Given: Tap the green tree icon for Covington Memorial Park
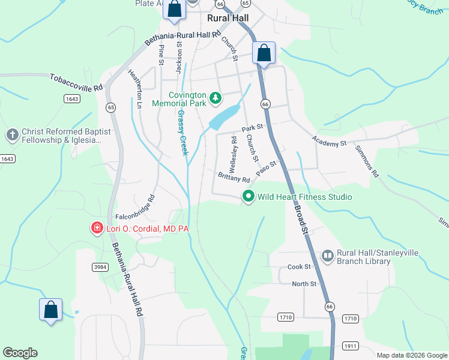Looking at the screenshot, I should [215, 97].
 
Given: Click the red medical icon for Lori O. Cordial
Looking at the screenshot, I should [95, 228].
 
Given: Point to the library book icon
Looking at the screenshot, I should [327, 256].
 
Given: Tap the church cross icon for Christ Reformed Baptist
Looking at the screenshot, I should [12, 135].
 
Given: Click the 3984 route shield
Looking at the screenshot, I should [100, 266].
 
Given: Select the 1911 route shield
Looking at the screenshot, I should [351, 346].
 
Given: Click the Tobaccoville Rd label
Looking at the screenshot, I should [76, 82].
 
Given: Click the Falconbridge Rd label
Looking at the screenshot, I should [135, 207].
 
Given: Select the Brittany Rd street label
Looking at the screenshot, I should [234, 176].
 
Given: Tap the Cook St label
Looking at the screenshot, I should [298, 266].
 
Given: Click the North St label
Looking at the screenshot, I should [304, 284].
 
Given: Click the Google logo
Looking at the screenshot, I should [20, 353].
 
